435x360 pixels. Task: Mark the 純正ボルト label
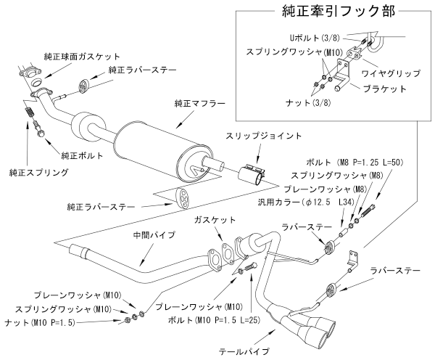pos(80,155)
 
